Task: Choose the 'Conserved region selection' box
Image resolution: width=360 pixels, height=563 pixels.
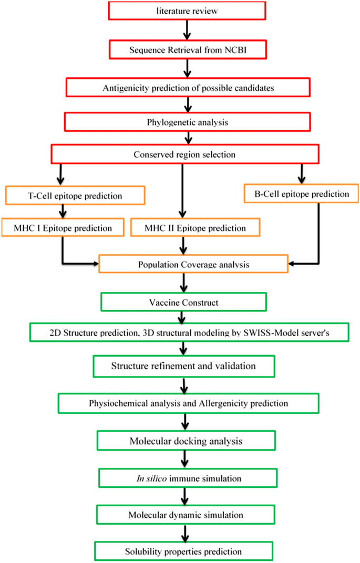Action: point(184,154)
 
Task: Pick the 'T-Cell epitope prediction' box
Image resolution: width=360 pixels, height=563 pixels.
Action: point(75,196)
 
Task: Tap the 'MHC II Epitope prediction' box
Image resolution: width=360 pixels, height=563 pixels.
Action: point(195,228)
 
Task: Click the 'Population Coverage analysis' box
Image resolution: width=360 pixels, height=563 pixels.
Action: point(194,264)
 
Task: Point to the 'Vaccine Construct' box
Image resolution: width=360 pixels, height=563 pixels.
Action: point(184,303)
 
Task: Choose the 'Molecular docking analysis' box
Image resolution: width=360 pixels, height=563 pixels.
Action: point(186,441)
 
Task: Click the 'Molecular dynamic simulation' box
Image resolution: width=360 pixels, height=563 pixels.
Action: point(186,514)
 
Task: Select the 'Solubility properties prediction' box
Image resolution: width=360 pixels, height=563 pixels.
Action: point(184,551)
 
